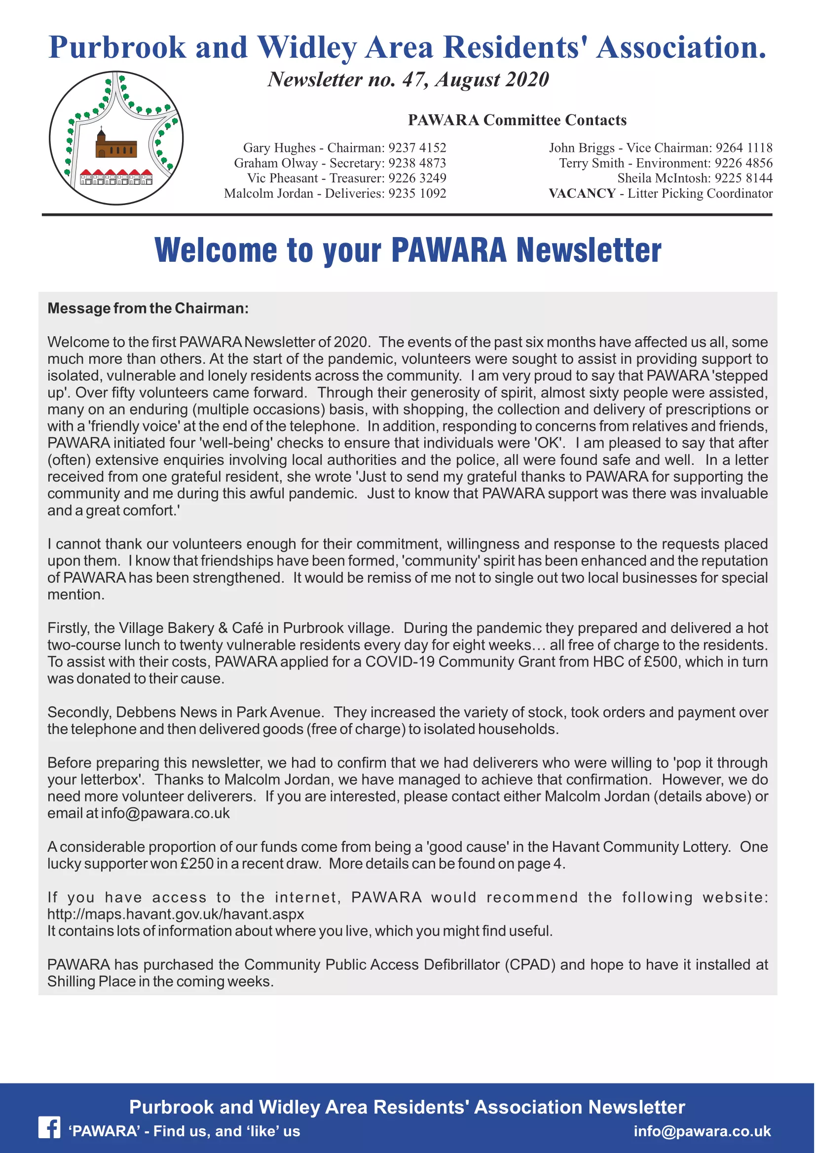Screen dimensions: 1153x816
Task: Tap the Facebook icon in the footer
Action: coord(49,1127)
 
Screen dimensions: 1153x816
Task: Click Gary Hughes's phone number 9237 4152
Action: coord(417,148)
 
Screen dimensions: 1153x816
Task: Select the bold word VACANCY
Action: coord(582,193)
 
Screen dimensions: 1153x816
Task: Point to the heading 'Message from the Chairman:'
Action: coord(148,308)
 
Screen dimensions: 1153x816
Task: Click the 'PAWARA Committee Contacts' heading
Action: coord(517,120)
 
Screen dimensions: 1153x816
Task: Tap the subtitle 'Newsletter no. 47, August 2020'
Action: coord(408,79)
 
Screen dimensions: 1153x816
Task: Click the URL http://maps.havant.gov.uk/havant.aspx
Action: coord(175,913)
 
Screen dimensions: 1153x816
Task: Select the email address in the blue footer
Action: coord(702,1131)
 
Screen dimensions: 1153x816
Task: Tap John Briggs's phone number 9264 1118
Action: coord(744,148)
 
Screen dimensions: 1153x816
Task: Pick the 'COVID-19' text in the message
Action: coord(400,662)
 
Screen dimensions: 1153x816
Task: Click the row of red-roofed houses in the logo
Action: coord(116,177)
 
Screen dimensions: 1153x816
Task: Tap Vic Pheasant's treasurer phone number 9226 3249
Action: coord(417,178)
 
